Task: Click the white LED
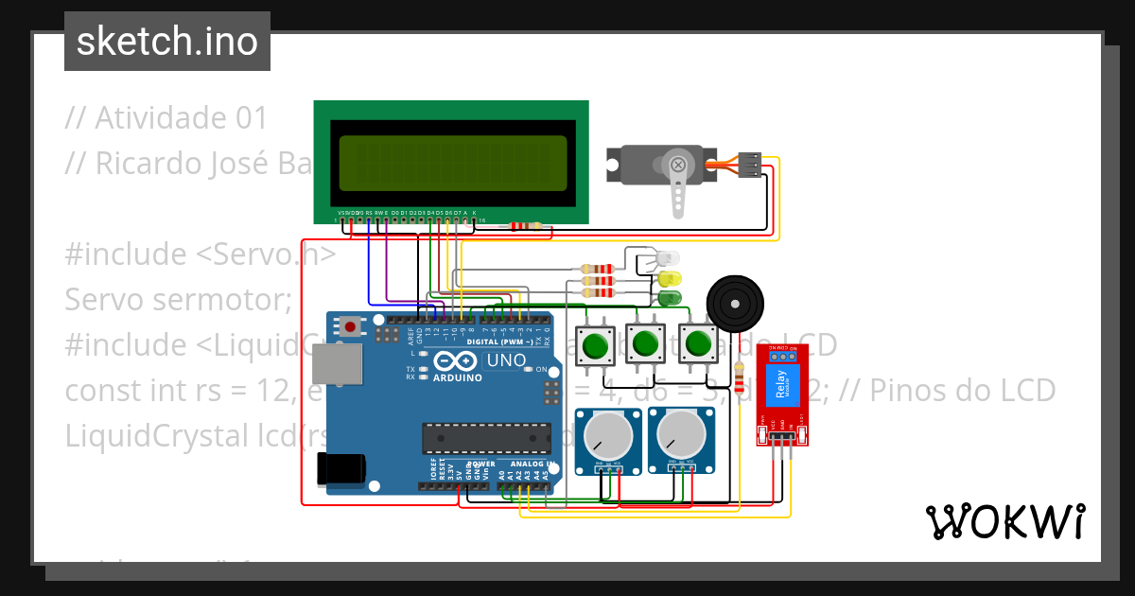coord(669,258)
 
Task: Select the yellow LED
coord(671,279)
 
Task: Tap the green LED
coord(671,298)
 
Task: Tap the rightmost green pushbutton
coord(698,344)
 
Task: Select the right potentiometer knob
coord(681,435)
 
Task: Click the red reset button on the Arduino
coord(351,327)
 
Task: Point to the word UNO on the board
coord(506,361)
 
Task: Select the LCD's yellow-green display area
coord(453,164)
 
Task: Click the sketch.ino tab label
coord(167,42)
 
